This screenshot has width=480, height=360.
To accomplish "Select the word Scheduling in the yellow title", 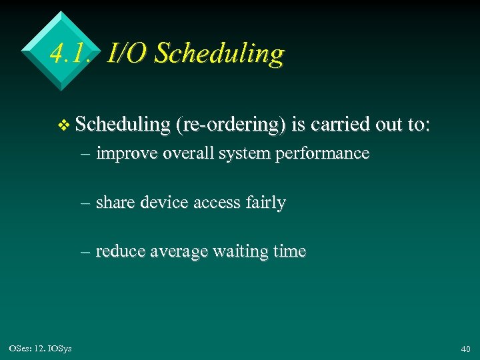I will point(219,53).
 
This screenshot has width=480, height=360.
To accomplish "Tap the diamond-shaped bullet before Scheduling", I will point(64,125).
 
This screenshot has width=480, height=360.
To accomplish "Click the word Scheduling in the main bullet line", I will point(123,125).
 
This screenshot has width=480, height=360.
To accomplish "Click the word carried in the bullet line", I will point(341,124).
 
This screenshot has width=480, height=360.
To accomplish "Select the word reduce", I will point(120,252).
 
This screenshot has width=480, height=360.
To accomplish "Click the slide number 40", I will point(465,349).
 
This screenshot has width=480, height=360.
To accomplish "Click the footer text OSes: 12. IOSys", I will point(41,348).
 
